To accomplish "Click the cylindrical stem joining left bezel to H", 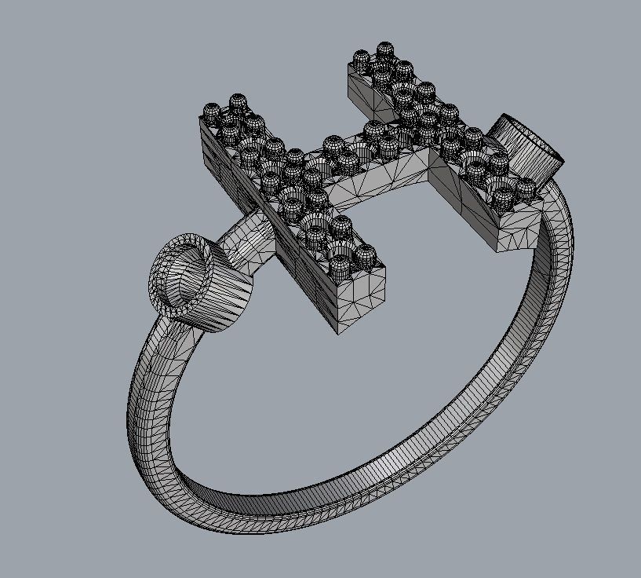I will coord(247,240).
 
